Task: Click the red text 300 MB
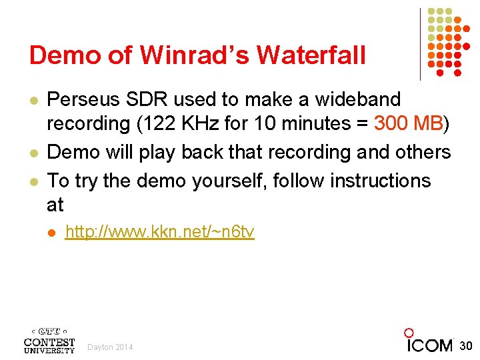409,124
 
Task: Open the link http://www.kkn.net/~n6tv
159,232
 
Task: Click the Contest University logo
49,341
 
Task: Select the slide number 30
466,345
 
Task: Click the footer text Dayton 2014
110,347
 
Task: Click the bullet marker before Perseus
33,100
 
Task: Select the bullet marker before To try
33,181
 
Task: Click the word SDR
148,100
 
